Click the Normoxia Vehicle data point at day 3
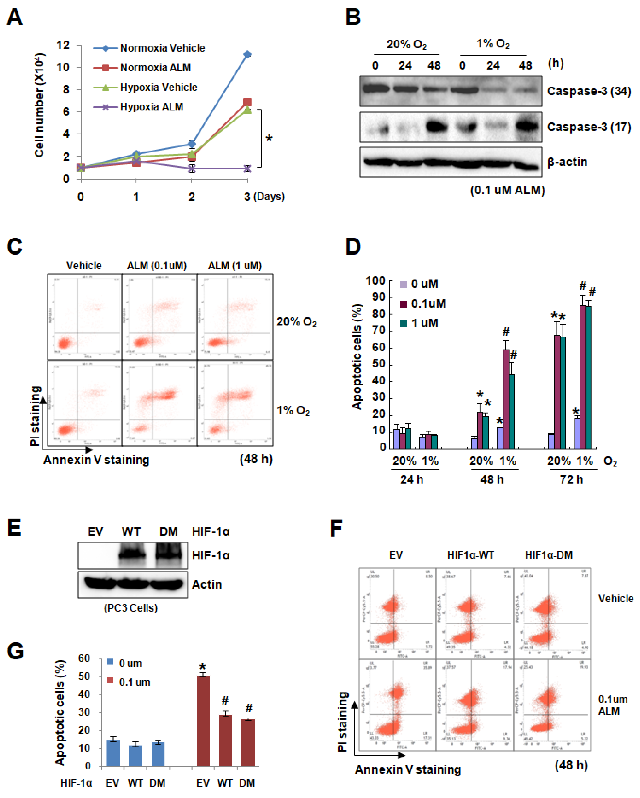pyautogui.click(x=247, y=54)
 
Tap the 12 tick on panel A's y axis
pyautogui.click(x=63, y=45)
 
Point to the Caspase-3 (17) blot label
pyautogui.click(x=589, y=127)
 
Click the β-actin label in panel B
pyautogui.click(x=567, y=162)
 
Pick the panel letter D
pyautogui.click(x=353, y=247)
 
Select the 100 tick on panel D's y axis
pyautogui.click(x=376, y=281)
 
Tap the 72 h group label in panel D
pyautogui.click(x=571, y=480)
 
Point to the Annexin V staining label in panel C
pyautogui.click(x=96, y=460)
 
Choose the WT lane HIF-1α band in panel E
pyautogui.click(x=131, y=554)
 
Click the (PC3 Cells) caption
pyautogui.click(x=131, y=608)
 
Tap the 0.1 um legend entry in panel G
pyautogui.click(x=134, y=682)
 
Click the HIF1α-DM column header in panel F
pyautogui.click(x=549, y=555)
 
